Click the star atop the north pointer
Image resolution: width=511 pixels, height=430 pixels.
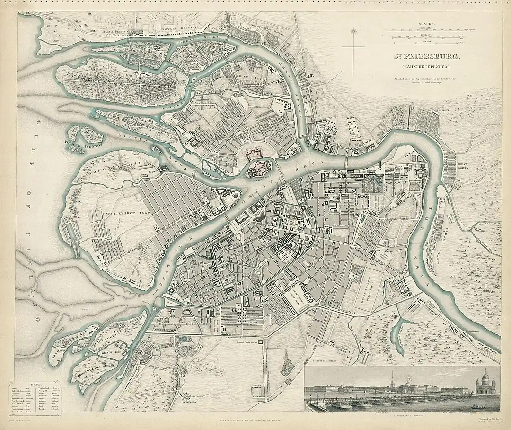click(x=353, y=31)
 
